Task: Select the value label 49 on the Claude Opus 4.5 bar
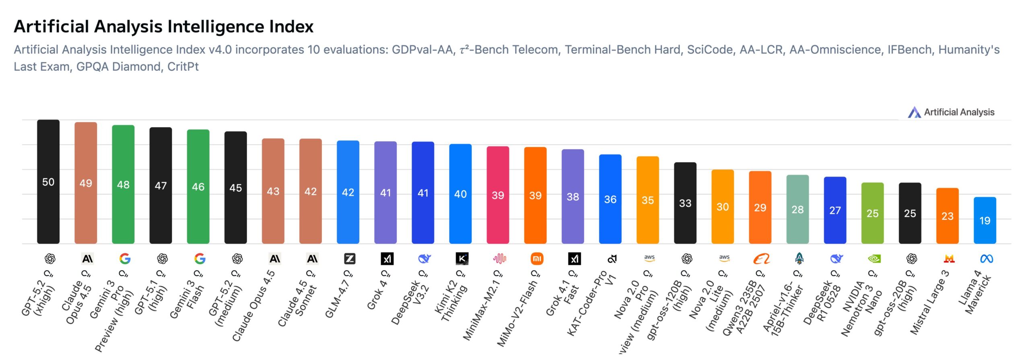click(x=86, y=183)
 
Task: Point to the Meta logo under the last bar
click(x=987, y=259)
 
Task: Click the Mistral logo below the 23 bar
click(x=949, y=259)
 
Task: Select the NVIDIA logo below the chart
click(x=874, y=259)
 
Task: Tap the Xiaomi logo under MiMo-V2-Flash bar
click(x=537, y=259)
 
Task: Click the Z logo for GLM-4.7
click(x=350, y=259)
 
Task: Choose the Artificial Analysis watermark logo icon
click(x=914, y=112)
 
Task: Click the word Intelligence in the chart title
click(x=216, y=27)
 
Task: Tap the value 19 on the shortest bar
click(x=985, y=220)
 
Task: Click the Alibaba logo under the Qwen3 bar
click(x=761, y=259)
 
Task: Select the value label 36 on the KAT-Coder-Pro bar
click(x=610, y=200)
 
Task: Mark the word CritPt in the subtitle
click(x=183, y=66)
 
